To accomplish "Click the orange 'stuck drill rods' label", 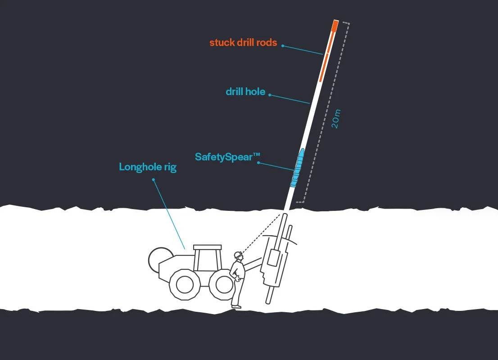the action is pos(243,43).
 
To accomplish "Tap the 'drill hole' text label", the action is pos(245,92).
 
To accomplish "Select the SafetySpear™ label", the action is pos(227,157).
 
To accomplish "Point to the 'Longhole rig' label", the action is pos(148,167).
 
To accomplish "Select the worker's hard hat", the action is pos(238,255).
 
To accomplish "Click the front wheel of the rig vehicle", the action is pos(223,284).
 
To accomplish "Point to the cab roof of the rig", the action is pos(208,247).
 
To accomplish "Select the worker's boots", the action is pos(236,306).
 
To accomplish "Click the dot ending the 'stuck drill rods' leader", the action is pos(282,46).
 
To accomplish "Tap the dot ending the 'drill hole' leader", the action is pos(270,95).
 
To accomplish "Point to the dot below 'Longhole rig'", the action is pos(154,179).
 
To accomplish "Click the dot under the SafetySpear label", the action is pos(258,163).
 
